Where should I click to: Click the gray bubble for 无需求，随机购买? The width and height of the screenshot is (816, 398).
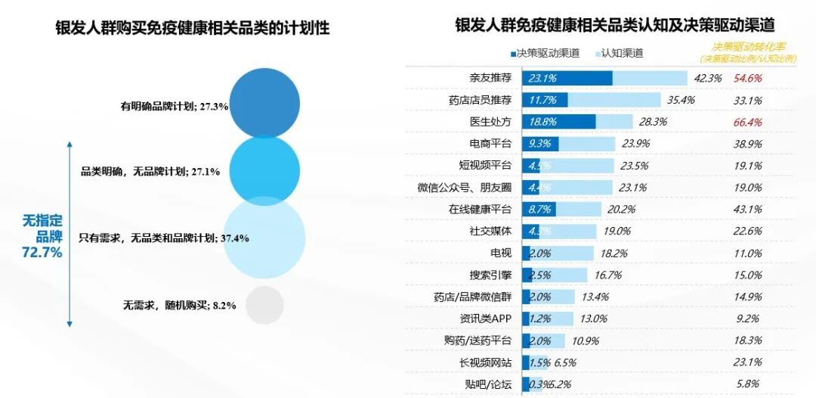264,305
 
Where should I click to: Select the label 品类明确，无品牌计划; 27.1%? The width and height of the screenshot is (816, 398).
150,172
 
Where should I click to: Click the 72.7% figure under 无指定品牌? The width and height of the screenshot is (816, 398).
42,253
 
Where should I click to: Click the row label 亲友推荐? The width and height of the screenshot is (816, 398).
491,78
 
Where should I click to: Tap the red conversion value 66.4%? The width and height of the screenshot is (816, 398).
747,122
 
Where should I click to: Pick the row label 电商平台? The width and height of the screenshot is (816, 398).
491,144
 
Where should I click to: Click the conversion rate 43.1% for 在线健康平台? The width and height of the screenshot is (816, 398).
747,210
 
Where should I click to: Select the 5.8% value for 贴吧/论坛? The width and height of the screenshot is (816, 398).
747,384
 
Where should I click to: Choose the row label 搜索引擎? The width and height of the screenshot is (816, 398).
491,275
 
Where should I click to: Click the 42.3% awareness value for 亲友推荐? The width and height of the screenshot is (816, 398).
708,78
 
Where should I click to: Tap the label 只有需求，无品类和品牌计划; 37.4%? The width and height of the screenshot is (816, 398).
164,238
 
